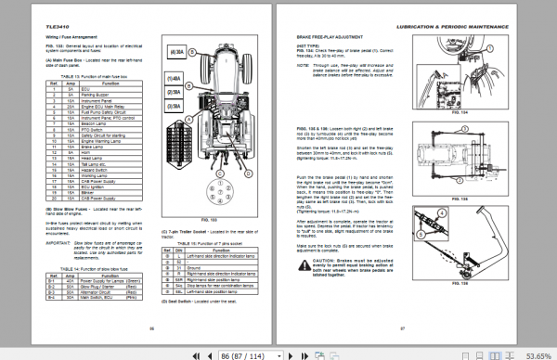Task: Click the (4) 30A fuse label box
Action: [x=175, y=55]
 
